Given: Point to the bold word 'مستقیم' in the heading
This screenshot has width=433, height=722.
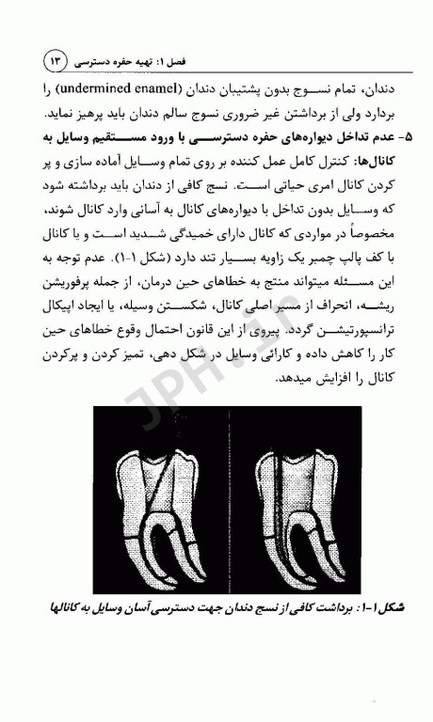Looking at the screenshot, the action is tap(122, 138).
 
